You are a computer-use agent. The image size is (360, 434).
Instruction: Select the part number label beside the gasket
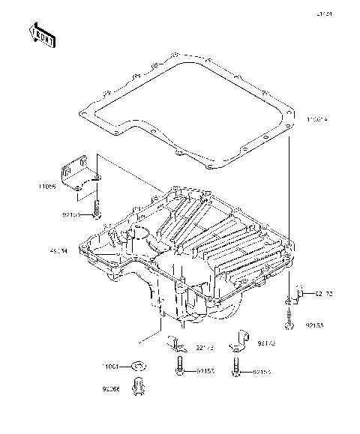coord(317,119)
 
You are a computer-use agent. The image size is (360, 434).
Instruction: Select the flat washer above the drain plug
coord(138,365)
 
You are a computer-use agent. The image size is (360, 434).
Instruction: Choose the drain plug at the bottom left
coord(137,387)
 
